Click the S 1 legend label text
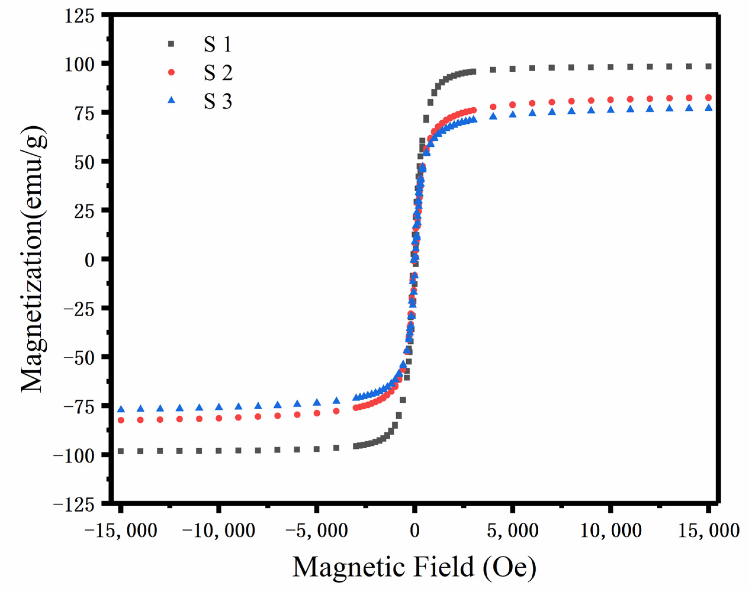pos(217,44)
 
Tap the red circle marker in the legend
pos(171,72)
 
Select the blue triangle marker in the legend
pos(171,101)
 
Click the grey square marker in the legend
pos(171,44)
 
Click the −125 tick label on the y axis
pos(74,505)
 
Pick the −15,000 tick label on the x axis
pos(120,530)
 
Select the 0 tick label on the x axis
pos(415,530)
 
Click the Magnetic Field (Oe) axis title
pos(414,567)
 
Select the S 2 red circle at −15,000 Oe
pos(121,420)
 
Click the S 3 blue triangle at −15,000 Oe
pos(121,409)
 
